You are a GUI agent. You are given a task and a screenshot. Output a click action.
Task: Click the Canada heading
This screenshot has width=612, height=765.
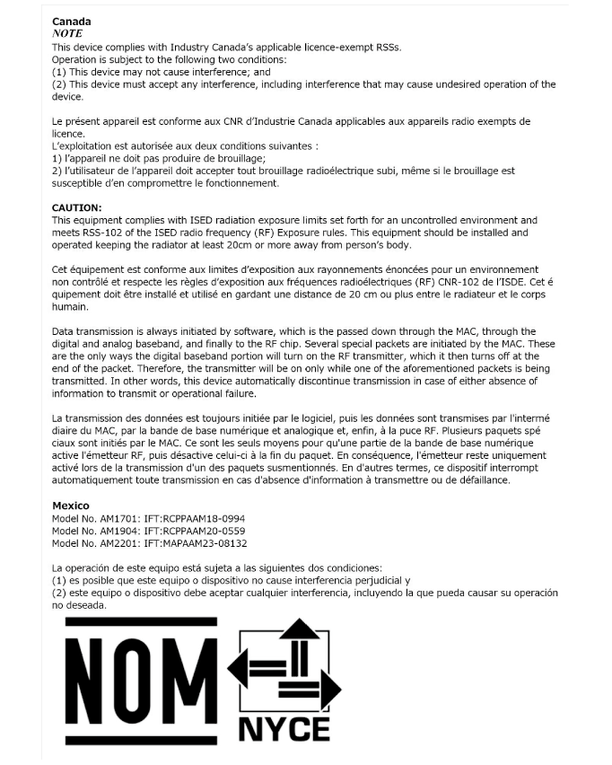coord(72,21)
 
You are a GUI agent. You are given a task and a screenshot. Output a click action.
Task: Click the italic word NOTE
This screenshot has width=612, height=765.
coord(67,33)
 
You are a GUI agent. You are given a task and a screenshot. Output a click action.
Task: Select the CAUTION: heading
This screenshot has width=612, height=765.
coord(77,207)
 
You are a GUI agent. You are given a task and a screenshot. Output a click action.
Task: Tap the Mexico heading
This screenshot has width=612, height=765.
coord(71,506)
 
